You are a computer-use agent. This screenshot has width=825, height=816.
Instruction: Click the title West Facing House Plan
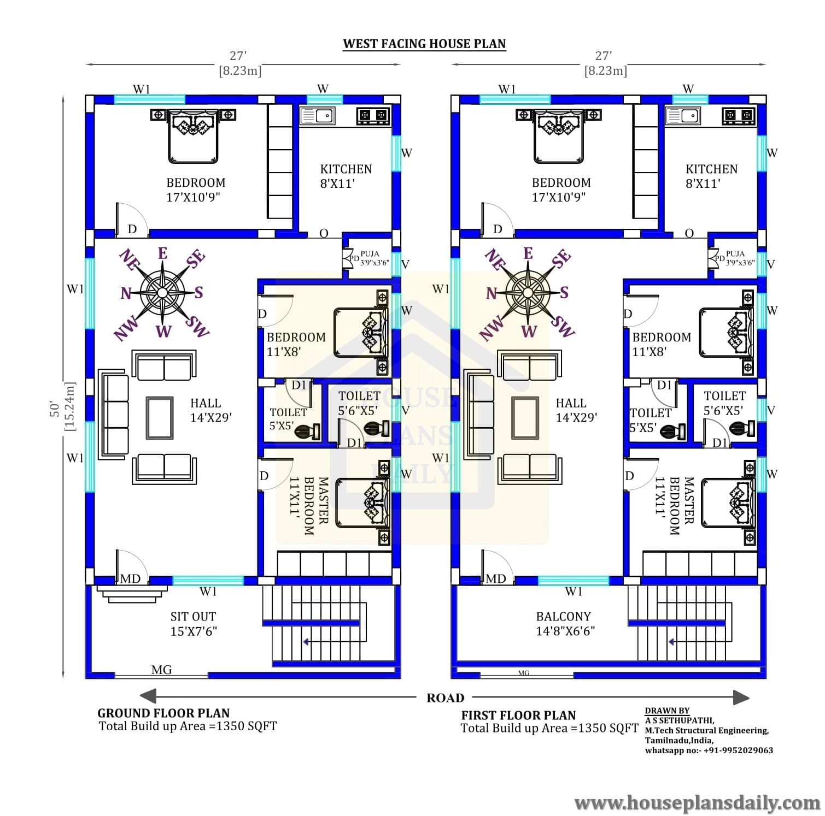[424, 44]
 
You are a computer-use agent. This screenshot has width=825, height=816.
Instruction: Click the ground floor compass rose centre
[162, 293]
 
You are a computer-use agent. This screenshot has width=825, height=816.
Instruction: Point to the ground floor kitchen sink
[318, 116]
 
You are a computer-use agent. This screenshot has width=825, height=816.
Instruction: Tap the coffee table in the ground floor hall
[159, 418]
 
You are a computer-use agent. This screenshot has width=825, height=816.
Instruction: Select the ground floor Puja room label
[370, 253]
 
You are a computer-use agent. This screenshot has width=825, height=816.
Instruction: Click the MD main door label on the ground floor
[130, 578]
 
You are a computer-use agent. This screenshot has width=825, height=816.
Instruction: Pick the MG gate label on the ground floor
[161, 670]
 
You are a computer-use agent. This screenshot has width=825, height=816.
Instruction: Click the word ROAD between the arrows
[445, 697]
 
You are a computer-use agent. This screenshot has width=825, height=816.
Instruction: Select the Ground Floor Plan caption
[163, 713]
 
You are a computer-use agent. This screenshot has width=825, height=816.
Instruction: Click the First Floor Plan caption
[519, 715]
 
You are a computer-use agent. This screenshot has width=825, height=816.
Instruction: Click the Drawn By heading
[667, 711]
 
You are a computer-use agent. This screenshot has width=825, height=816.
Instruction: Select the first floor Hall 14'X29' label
[576, 410]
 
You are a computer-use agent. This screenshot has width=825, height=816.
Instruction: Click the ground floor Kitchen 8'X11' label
[346, 176]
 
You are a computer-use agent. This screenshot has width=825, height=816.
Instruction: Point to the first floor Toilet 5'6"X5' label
[724, 403]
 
